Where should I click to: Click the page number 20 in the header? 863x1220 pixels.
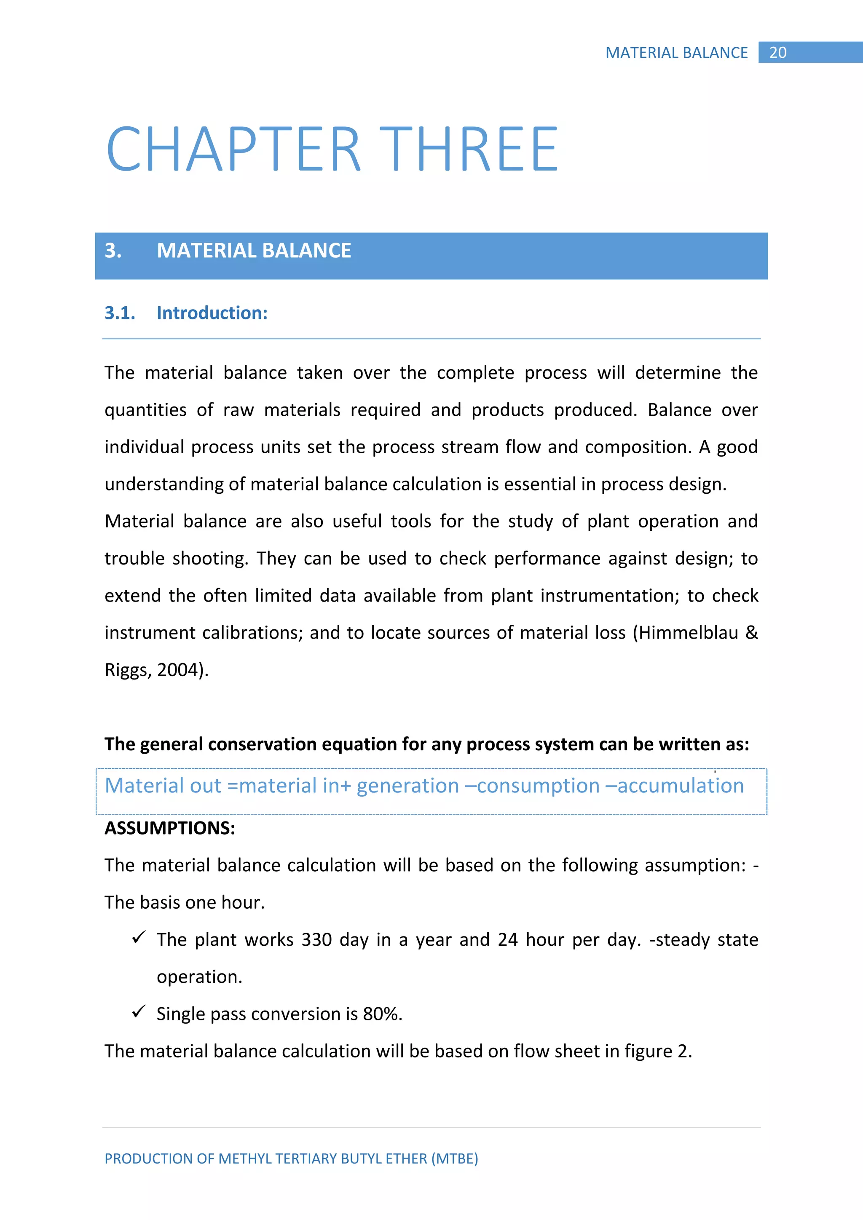(777, 53)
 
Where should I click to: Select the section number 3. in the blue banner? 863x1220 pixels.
(113, 251)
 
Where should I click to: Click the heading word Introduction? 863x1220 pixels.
(212, 313)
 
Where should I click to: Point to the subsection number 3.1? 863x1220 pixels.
(120, 313)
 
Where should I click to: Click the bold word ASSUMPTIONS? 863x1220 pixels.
(169, 828)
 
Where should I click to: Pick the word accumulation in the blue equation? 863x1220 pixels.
(680, 785)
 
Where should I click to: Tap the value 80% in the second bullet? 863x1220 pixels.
(382, 1014)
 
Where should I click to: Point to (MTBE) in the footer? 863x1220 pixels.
(454, 1158)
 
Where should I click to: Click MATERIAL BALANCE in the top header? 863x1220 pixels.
(676, 53)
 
